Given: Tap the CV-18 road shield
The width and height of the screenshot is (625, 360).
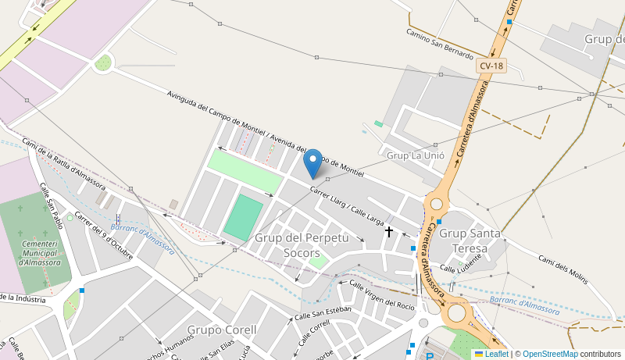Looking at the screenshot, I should pos(492,66).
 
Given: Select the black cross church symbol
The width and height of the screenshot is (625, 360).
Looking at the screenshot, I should pos(388,231).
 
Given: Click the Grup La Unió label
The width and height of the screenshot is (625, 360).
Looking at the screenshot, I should pos(416,155).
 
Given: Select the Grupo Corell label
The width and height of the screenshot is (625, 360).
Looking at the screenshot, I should pos(222,330).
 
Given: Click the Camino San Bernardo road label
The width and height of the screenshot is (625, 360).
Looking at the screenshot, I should pos(440,43).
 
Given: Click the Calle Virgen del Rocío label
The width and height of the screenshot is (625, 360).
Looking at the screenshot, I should pos(382,294).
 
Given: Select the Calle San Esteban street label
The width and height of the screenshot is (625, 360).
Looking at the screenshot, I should pos(323,313).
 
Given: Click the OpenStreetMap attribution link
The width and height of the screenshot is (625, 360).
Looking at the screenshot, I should pos(550,354).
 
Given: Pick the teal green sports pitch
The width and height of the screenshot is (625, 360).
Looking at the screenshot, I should pos(243,218).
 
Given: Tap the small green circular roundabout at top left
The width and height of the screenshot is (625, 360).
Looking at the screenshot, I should pos(103,62).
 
